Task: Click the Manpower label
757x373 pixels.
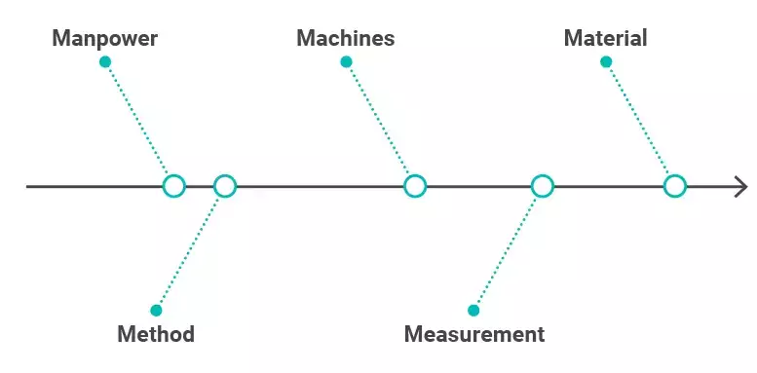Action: tap(104, 39)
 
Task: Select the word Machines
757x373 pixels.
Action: tap(346, 39)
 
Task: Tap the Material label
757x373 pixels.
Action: tap(605, 39)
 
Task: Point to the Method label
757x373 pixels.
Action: tap(156, 334)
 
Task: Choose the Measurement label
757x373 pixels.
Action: tap(474, 334)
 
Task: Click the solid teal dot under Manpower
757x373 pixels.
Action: tap(105, 62)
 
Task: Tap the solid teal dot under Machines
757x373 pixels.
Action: tap(346, 62)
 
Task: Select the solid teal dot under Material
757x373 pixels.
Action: tap(606, 62)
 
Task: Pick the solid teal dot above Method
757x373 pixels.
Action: tap(156, 311)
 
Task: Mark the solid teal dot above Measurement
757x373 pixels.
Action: tap(474, 311)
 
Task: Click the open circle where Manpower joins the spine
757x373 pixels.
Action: tap(173, 186)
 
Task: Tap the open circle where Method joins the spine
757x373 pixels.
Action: tap(225, 186)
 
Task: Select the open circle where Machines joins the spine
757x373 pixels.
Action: tap(415, 186)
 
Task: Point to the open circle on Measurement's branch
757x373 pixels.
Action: tap(543, 186)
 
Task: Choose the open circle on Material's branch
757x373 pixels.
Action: tap(675, 186)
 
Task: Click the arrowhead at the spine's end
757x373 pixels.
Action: tap(741, 186)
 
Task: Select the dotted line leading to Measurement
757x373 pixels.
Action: tap(508, 249)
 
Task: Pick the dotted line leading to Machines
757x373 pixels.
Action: tap(379, 122)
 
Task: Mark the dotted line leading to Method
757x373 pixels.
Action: tap(190, 249)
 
